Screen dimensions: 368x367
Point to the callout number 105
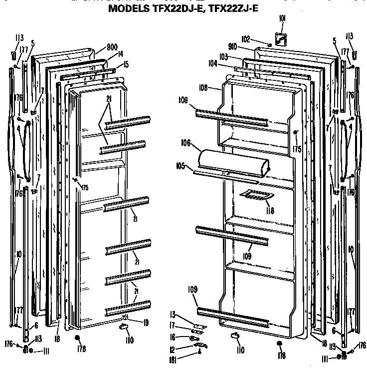(x=181, y=166)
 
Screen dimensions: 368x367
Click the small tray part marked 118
(x=253, y=195)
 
